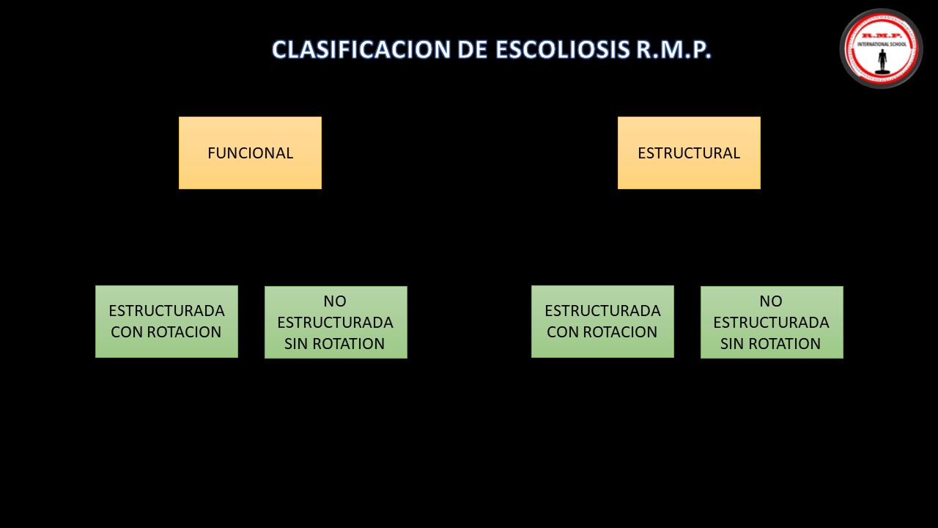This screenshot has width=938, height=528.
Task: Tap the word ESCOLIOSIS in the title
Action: [563, 49]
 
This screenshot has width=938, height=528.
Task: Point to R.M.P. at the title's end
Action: [673, 49]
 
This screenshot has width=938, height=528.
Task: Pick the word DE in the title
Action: [473, 49]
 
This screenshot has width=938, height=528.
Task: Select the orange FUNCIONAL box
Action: [250, 153]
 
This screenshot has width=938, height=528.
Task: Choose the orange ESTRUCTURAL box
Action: [689, 153]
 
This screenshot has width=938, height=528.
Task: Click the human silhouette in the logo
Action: [882, 61]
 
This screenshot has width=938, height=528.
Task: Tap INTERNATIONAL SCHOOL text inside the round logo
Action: [882, 44]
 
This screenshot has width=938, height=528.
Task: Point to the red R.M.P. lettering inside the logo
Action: [882, 36]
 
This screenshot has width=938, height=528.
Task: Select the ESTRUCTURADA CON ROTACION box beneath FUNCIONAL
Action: [166, 321]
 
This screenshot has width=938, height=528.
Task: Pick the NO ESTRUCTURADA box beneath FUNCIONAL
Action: [336, 322]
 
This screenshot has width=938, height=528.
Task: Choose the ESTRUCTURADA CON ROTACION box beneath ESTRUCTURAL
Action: [602, 321]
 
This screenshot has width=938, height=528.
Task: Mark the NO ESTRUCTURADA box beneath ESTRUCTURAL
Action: [772, 322]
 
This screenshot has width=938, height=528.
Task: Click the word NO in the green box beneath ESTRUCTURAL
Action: [771, 301]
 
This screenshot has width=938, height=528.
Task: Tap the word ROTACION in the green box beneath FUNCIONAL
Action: [184, 332]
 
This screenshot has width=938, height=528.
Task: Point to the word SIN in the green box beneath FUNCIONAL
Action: [296, 344]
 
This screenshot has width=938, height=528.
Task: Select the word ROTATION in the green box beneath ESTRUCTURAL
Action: [784, 344]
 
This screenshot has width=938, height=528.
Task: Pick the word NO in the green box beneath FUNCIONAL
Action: [335, 301]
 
